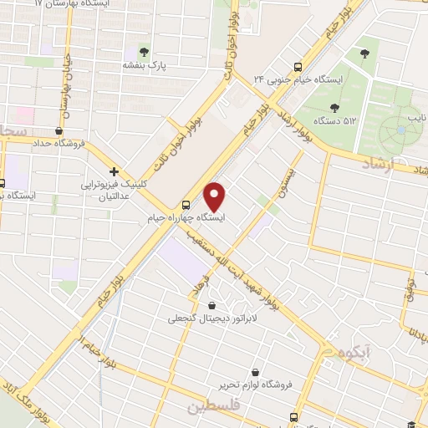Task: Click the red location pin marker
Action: (x=216, y=196)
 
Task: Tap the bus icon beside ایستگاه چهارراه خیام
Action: (x=186, y=205)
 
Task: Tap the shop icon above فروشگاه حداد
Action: (x=59, y=130)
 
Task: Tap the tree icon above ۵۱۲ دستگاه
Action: (x=334, y=107)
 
